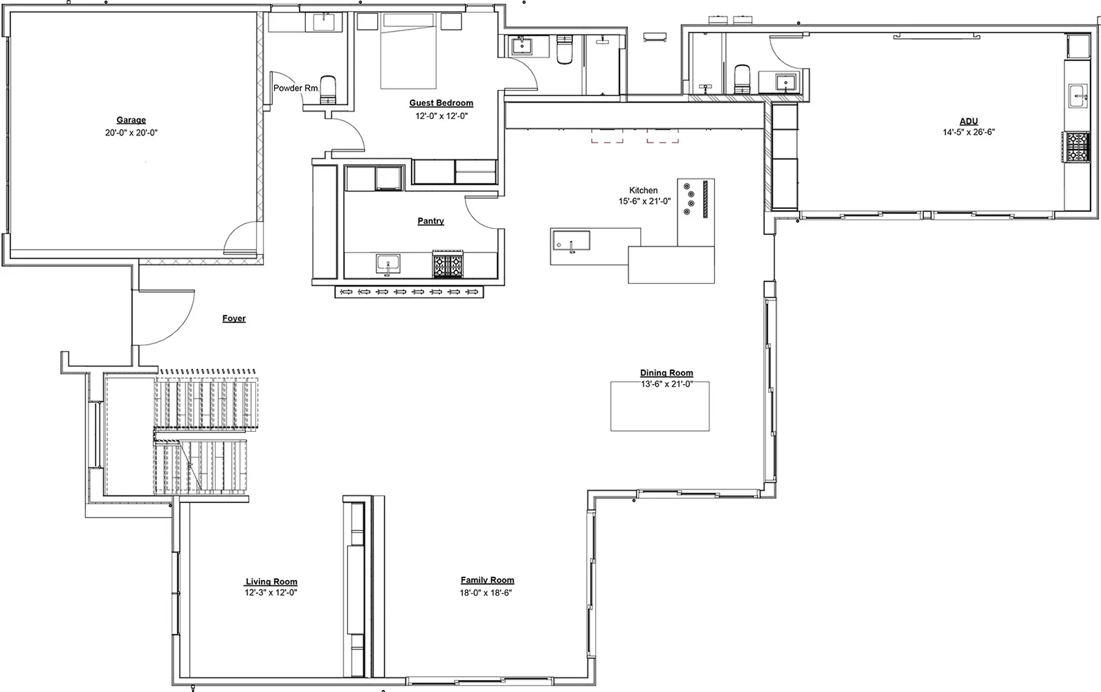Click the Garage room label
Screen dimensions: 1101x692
click(131, 120)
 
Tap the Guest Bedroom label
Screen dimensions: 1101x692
click(442, 102)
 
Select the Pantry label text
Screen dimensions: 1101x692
click(430, 221)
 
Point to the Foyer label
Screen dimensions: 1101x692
click(234, 318)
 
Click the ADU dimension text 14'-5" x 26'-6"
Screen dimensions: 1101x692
click(969, 132)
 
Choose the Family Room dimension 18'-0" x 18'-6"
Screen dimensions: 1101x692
click(486, 593)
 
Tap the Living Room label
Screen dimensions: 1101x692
click(271, 582)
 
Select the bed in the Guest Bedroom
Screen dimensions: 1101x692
click(408, 51)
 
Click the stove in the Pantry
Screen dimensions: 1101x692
click(448, 264)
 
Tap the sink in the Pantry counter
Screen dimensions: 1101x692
click(388, 264)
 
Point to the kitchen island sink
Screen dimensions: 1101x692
click(571, 241)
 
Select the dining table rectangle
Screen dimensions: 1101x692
click(659, 406)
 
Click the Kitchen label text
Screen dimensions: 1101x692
click(644, 190)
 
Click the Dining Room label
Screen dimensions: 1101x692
click(666, 373)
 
